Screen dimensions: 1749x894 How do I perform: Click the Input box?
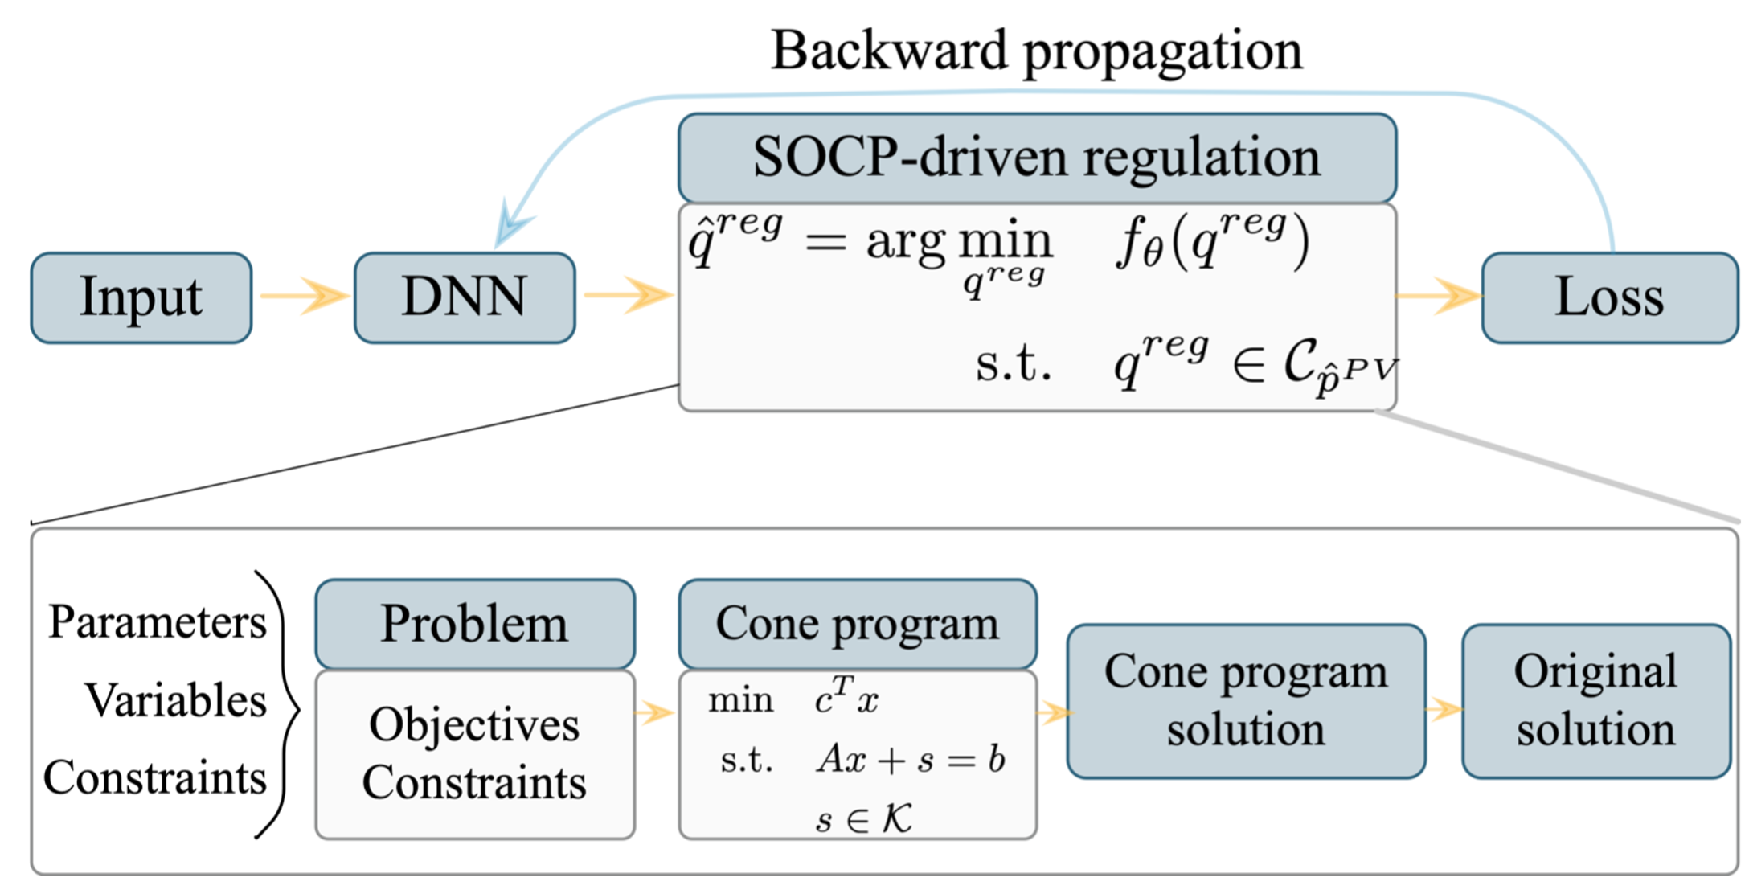click(x=141, y=297)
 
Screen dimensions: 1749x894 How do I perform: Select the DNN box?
click(x=465, y=297)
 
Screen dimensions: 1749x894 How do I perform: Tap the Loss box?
click(x=1610, y=297)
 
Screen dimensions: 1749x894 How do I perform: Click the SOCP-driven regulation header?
click(x=1037, y=158)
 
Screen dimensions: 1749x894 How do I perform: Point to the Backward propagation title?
click(x=1037, y=50)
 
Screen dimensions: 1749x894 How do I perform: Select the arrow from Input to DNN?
click(x=305, y=296)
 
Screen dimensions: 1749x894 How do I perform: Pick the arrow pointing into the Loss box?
click(x=1439, y=296)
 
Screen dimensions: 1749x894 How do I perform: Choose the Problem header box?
click(x=475, y=624)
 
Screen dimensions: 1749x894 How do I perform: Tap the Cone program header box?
click(x=858, y=624)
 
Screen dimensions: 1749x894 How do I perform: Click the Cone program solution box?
click(x=1246, y=701)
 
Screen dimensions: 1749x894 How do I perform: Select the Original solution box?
click(x=1596, y=701)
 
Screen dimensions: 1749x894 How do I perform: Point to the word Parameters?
click(x=158, y=622)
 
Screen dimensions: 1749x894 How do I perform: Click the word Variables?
click(x=175, y=699)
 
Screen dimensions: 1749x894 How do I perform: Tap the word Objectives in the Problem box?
click(x=474, y=725)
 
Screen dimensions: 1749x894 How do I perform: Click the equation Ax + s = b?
click(x=911, y=759)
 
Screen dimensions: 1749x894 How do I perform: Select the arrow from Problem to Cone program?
click(x=654, y=712)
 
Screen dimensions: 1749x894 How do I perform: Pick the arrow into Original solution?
click(x=1444, y=709)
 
